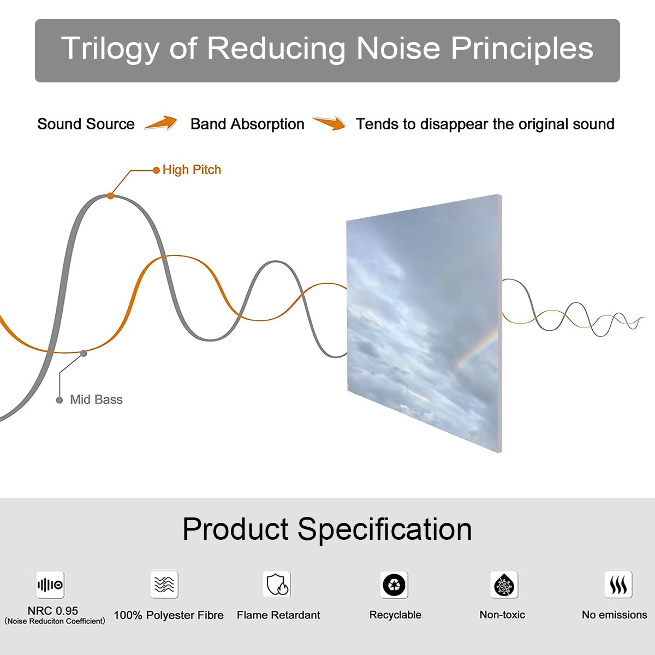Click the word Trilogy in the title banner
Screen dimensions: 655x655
(110, 49)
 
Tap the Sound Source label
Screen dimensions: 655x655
(86, 124)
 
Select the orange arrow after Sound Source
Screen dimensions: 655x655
(161, 123)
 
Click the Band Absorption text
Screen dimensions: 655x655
(247, 124)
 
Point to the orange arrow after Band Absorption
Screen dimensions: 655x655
(329, 123)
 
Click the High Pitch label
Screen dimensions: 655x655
(192, 170)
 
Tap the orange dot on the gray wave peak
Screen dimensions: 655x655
(110, 196)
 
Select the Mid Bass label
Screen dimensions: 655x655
(96, 400)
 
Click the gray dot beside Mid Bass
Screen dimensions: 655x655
(59, 401)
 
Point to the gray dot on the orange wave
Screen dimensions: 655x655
(84, 354)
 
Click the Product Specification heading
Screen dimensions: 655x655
(327, 529)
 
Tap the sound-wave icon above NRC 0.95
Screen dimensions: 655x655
(50, 585)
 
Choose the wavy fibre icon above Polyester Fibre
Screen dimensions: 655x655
(164, 584)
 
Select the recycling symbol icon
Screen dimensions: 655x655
(394, 585)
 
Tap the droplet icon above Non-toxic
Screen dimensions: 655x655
(504, 585)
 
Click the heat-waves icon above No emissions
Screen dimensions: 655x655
(618, 584)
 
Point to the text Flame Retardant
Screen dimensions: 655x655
(278, 615)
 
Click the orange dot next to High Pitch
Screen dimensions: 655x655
(156, 170)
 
